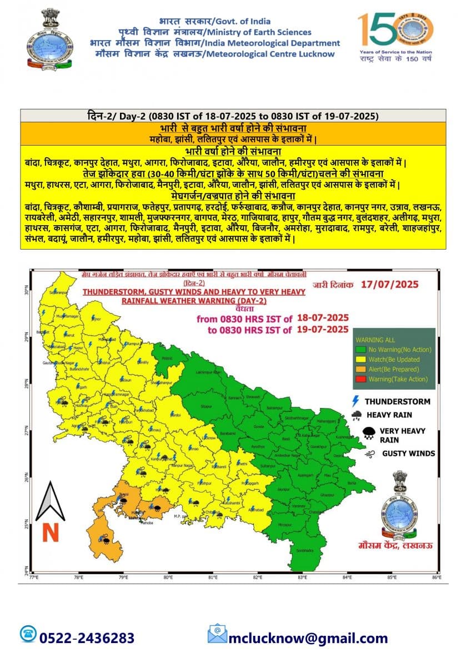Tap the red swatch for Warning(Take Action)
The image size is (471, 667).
click(x=361, y=379)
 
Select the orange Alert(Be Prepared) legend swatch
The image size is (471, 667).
click(x=361, y=369)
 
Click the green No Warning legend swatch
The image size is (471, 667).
click(x=361, y=350)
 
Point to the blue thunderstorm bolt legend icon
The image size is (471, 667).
click(x=355, y=401)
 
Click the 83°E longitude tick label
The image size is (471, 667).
click(x=302, y=578)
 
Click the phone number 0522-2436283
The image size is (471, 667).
click(x=87, y=638)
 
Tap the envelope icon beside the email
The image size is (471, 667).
click(x=217, y=634)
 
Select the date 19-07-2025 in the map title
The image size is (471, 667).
click(x=323, y=330)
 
